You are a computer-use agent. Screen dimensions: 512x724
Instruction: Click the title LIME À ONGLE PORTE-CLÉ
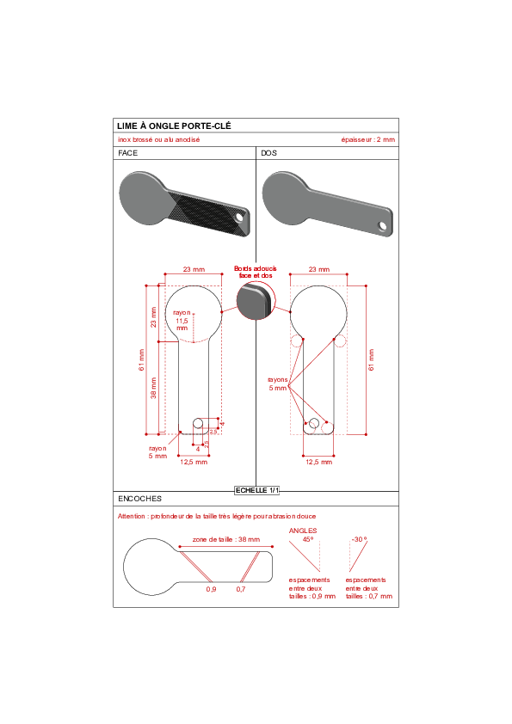coord(174,126)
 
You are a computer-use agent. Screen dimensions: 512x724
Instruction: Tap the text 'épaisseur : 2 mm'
coord(367,139)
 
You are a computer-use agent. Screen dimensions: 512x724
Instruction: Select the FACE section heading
coord(127,153)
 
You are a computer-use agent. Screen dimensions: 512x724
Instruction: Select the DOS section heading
coord(269,153)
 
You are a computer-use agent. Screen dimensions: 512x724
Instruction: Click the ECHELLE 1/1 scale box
coord(257,490)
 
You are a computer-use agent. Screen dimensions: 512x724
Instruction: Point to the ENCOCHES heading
coord(139,499)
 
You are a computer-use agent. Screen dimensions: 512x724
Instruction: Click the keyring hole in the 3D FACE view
coord(240,217)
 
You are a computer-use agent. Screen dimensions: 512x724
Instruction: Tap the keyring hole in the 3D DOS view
coord(383,226)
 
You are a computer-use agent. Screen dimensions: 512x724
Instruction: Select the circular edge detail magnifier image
coord(256,301)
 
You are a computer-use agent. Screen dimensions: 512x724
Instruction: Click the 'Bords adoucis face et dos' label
coord(255,272)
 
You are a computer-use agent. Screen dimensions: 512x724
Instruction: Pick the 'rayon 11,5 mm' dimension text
coord(182,321)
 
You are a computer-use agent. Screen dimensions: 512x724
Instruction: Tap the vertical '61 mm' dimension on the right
coord(371,359)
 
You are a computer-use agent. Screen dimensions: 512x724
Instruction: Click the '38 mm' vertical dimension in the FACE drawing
coord(153,388)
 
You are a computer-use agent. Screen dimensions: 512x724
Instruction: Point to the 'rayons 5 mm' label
coord(278,383)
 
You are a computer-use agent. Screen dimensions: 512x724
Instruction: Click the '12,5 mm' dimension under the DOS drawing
coord(319,462)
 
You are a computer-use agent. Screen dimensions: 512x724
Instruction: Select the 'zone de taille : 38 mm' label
coord(226,539)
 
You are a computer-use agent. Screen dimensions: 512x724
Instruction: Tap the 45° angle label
coord(308,539)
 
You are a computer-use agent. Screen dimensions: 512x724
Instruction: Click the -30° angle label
coord(360,539)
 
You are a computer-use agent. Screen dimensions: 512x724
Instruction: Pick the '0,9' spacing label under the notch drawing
coord(211,589)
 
